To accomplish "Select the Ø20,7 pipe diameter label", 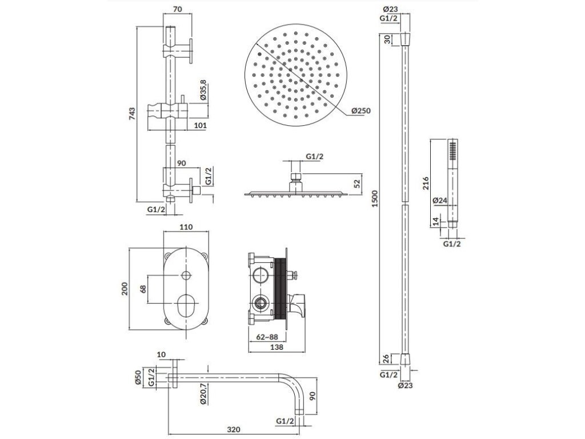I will click(x=204, y=394).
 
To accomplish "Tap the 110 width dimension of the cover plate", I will click(x=185, y=227).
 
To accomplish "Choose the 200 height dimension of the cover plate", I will click(x=125, y=289).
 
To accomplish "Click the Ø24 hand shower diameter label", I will click(x=439, y=201).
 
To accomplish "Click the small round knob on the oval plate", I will click(x=186, y=276).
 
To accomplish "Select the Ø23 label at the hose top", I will click(x=390, y=9).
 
